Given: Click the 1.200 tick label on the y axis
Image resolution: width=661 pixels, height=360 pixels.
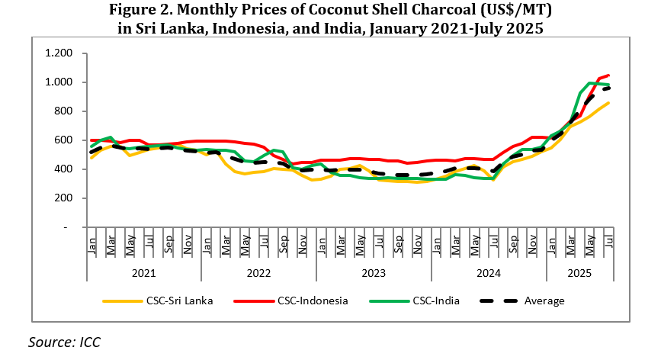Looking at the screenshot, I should [59, 53].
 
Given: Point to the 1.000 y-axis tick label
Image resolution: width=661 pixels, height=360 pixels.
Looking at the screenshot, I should [59, 82].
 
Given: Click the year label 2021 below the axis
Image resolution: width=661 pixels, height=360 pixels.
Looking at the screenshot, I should [143, 272].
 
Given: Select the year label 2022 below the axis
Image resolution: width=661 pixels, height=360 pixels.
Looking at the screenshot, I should [258, 272].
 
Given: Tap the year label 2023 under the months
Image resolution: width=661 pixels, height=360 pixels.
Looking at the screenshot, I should [374, 272].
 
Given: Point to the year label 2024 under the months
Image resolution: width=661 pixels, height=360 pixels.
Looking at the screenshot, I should [489, 272].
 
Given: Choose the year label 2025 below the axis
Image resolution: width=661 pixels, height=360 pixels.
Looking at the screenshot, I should [581, 272].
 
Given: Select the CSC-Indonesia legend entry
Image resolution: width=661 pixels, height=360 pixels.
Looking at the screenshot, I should [308, 301].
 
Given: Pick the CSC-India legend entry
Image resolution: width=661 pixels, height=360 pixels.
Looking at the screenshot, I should [432, 301].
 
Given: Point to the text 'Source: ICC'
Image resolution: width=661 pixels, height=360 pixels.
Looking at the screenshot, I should [64, 342].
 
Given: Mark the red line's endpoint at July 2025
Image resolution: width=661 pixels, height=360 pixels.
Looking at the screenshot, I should [608, 76].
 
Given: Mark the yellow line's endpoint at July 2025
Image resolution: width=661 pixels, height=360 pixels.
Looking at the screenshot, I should [608, 103].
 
